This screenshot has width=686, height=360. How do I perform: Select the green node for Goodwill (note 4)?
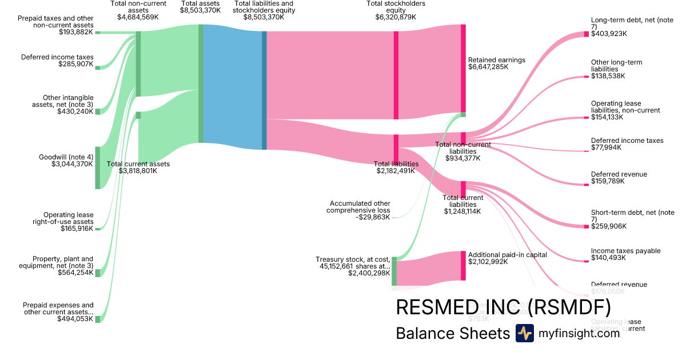pyautogui.click(x=97, y=167)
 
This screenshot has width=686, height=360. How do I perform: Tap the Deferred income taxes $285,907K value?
pyautogui.click(x=75, y=64)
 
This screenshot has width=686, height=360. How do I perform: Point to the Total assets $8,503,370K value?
pyautogui.click(x=200, y=10)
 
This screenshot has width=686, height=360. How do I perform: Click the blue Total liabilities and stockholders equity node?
pyautogui.click(x=264, y=90)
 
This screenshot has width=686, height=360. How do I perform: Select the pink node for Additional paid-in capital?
pyautogui.click(x=463, y=266)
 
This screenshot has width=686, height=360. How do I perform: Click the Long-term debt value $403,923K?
pyautogui.click(x=609, y=34)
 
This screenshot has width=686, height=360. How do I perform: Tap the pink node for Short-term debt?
pyautogui.click(x=586, y=226)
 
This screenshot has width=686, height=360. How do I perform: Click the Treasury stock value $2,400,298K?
pyautogui.click(x=368, y=274)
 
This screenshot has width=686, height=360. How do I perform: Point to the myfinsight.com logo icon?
pyautogui.click(x=524, y=333)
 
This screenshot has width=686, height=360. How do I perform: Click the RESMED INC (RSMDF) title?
pyautogui.click(x=503, y=307)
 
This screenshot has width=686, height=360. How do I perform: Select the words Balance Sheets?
pyautogui.click(x=452, y=333)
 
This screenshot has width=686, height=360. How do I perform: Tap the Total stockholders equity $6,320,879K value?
pyautogui.click(x=396, y=17)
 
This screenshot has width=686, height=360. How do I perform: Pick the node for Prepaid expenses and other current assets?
pyautogui.click(x=97, y=319)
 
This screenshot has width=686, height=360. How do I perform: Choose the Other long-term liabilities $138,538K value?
pyautogui.click(x=608, y=75)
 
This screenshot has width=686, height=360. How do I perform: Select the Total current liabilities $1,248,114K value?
pyautogui.click(x=462, y=211)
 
